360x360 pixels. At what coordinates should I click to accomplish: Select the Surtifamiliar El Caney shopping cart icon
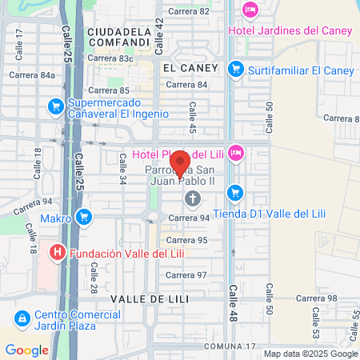pos(235,70)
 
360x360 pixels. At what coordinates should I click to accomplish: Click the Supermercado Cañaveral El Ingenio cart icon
pos(54,106)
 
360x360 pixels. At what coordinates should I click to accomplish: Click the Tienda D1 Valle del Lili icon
pos(235,193)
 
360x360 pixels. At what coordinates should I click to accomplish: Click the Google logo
pos(26,350)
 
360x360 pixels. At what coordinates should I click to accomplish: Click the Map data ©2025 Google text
pos(310,354)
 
